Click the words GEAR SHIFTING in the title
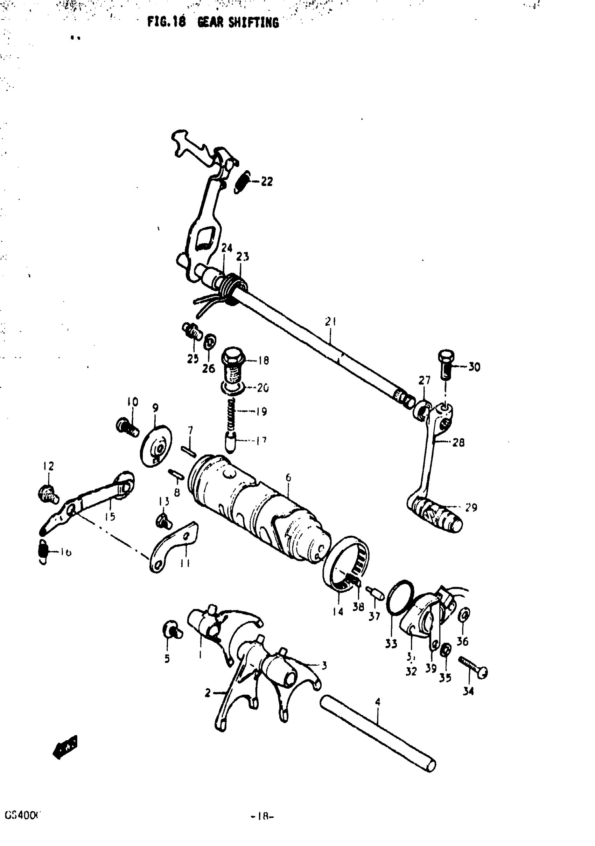238,23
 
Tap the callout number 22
267,181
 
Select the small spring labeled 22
242,182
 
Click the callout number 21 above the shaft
330,322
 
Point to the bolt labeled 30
446,364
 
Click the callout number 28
458,442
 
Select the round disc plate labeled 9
156,446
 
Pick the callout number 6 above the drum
288,477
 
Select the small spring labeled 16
43,552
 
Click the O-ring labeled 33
400,597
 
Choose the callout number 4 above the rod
377,702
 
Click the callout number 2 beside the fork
208,693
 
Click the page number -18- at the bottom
262,816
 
